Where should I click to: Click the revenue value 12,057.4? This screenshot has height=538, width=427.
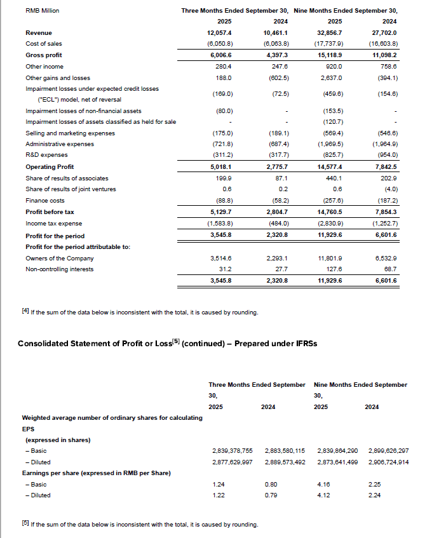[220, 32]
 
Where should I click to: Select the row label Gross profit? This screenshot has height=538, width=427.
[43, 55]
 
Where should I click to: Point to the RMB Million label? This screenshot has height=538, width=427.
[38, 10]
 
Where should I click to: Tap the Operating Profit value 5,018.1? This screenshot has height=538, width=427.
[220, 167]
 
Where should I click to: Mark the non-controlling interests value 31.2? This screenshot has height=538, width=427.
[224, 269]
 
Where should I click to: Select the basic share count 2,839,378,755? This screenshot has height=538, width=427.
[232, 450]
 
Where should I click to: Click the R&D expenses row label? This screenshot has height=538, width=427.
[46, 156]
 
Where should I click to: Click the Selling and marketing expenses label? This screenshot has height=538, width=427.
[71, 133]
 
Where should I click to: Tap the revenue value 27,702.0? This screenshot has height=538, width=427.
[383, 32]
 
